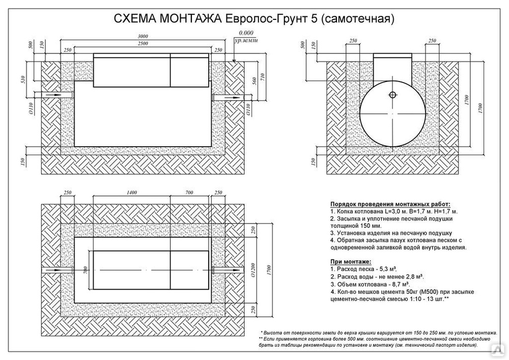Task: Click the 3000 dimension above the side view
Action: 143,36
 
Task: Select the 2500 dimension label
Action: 143,43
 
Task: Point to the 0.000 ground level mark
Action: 246,33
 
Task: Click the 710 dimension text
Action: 263,77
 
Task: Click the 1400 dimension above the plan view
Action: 131,192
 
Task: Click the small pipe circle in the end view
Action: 392,95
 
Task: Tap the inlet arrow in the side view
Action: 53,95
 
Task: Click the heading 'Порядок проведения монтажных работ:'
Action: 390,205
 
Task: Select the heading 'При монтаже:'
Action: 351,262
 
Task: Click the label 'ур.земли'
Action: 246,41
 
